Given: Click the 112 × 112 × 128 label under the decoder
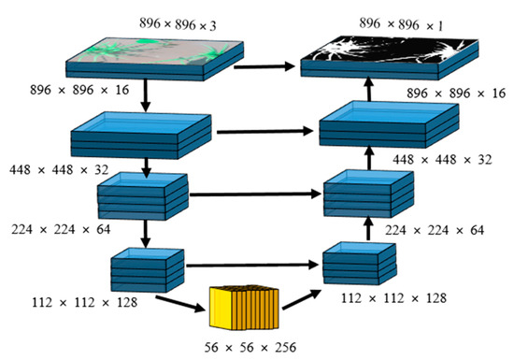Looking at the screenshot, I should tap(392, 299).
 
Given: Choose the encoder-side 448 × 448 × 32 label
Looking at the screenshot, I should tap(50, 171).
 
